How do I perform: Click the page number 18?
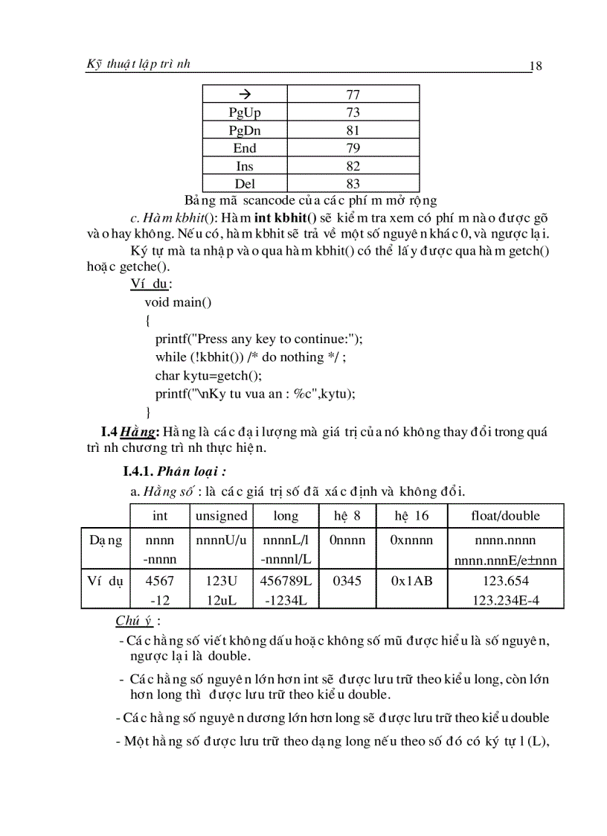pyautogui.click(x=536, y=66)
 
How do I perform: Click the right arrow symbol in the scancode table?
pyautogui.click(x=244, y=94)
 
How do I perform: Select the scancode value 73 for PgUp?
pyautogui.click(x=353, y=112)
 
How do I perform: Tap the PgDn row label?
pyautogui.click(x=245, y=130)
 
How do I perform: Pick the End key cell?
pyautogui.click(x=245, y=148)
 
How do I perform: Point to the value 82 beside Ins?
pyautogui.click(x=353, y=166)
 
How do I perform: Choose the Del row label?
pyautogui.click(x=245, y=184)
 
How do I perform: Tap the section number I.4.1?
pyautogui.click(x=138, y=471)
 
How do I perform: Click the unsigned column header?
pyautogui.click(x=221, y=516)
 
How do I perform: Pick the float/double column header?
pyautogui.click(x=506, y=516)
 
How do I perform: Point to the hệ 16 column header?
pyautogui.click(x=411, y=516)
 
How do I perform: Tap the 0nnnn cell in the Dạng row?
pyautogui.click(x=347, y=540)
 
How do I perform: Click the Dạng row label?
pyautogui.click(x=105, y=540)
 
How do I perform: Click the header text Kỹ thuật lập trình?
pyautogui.click(x=138, y=64)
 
